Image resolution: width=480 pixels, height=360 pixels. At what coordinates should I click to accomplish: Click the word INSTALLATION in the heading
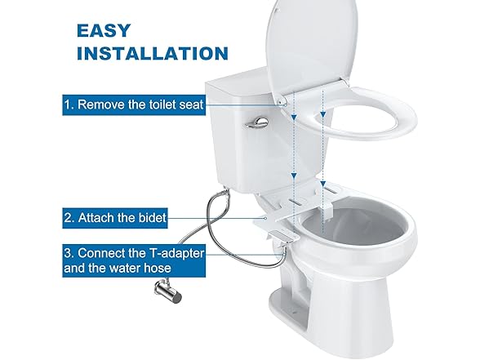click(x=152, y=54)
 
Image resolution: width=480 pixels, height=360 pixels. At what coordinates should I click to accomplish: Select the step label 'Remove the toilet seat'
click(x=135, y=104)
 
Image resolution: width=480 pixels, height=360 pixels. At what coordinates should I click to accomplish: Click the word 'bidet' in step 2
click(x=153, y=219)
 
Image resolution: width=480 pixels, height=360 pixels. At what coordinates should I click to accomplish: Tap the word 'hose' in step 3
click(x=183, y=270)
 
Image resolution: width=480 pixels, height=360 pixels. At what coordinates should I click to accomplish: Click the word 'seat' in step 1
click(x=189, y=104)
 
